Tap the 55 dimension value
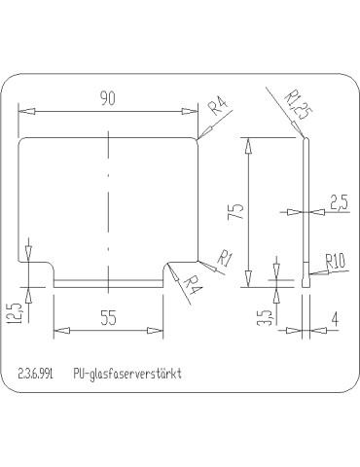[108, 316]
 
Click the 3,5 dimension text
[265, 318]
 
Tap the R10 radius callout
[336, 260]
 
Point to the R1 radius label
[224, 258]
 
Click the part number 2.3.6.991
[36, 373]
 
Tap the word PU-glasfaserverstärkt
[126, 373]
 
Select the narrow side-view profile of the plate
[306, 209]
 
